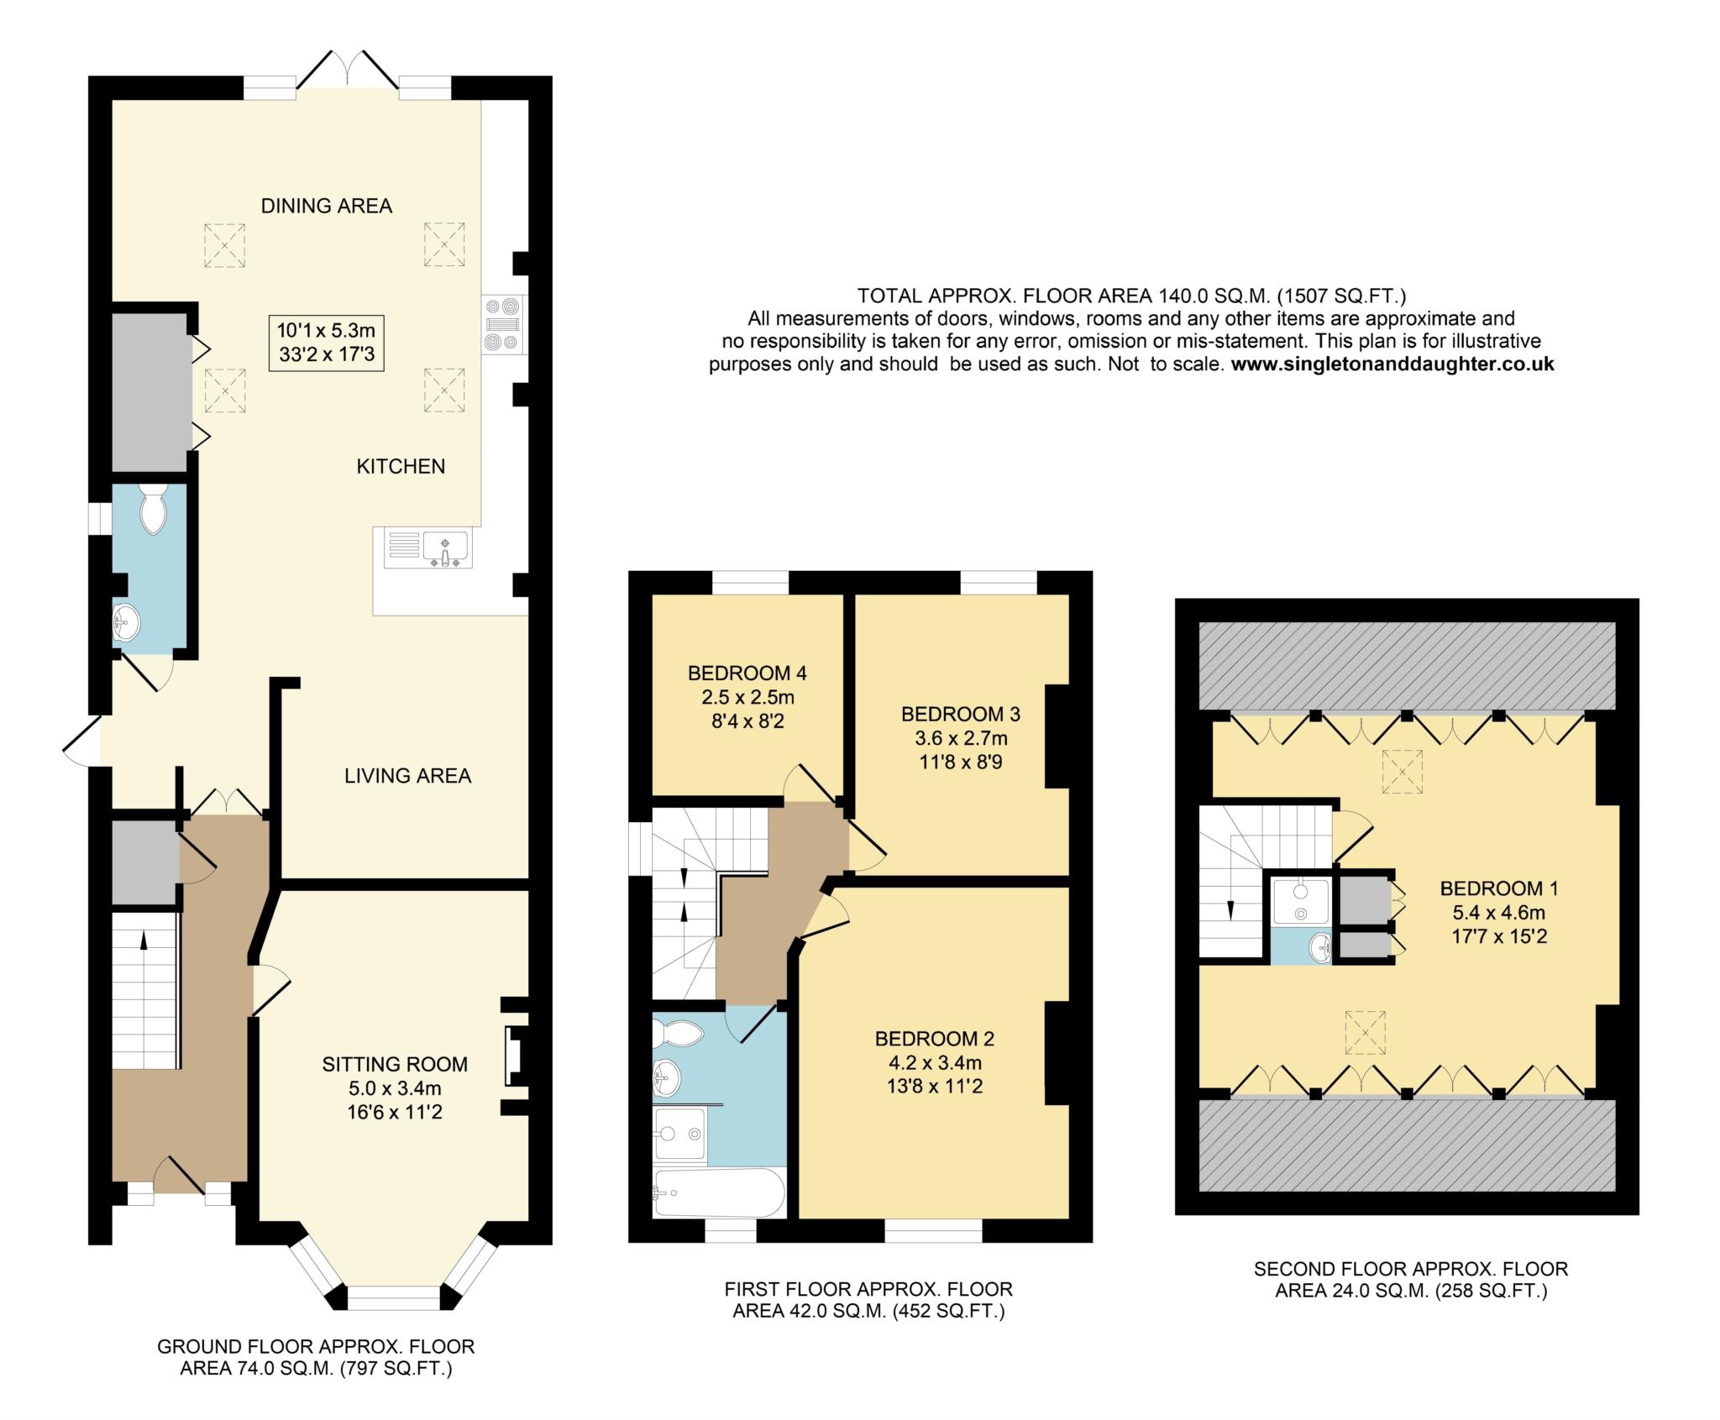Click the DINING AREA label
326,206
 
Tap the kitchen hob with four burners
503,324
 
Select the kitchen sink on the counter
445,549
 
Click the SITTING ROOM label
395,1064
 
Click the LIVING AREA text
407,775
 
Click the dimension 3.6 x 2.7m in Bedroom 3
961,738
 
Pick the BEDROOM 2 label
934,1039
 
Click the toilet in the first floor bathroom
681,1033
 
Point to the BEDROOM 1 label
1498,888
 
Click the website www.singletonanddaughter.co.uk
1392,364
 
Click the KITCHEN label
401,466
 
